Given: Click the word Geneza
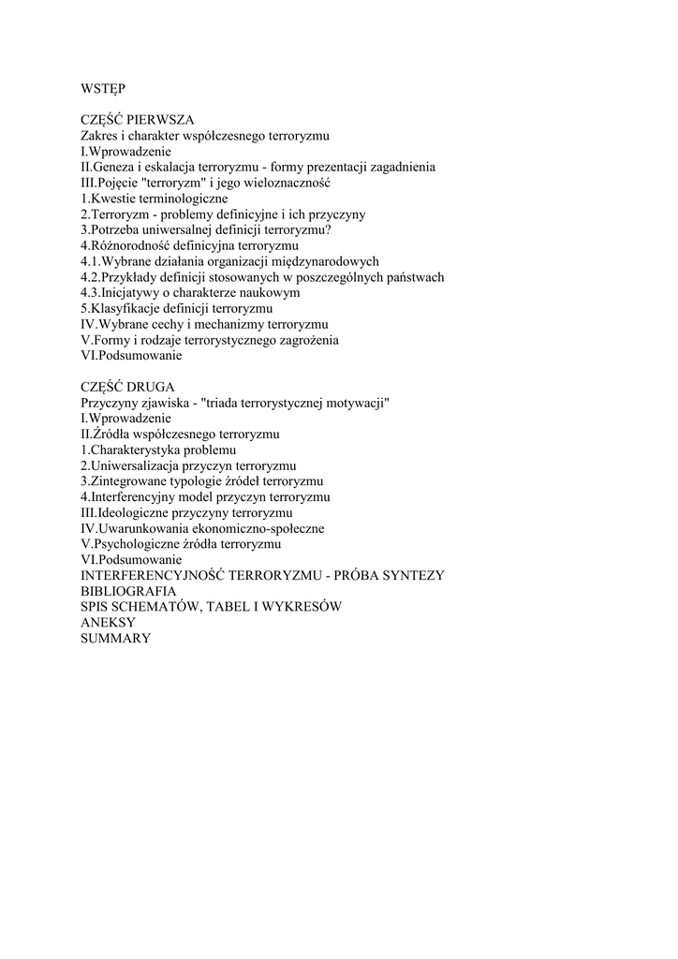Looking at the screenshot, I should pos(115,167).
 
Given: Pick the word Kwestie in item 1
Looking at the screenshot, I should pos(111,199).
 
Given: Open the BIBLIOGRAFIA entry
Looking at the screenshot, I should pos(128,591).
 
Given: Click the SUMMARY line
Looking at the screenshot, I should pos(115,638).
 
